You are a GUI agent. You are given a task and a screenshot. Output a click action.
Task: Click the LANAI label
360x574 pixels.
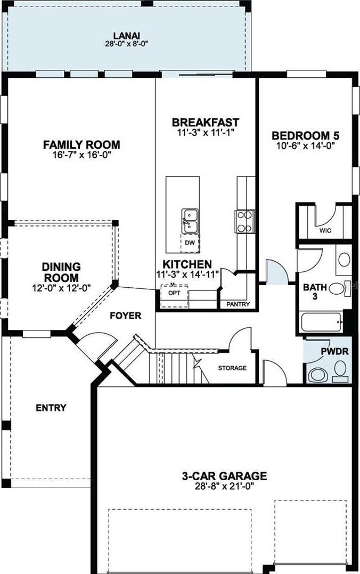[127, 36]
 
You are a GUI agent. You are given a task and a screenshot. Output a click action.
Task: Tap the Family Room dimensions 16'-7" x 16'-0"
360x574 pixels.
[81, 155]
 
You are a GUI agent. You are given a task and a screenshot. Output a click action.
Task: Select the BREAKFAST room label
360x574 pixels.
[206, 122]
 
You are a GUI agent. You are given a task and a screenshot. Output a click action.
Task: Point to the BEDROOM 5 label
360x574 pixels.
[306, 135]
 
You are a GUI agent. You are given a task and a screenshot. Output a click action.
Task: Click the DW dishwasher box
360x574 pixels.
[190, 243]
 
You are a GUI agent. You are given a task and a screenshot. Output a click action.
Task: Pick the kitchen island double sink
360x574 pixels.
[190, 221]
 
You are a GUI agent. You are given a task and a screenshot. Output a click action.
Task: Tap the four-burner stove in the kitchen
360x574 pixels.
[245, 222]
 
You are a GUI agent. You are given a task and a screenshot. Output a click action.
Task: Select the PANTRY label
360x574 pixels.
[238, 304]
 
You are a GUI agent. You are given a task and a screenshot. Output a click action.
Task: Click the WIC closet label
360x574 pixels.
[325, 231]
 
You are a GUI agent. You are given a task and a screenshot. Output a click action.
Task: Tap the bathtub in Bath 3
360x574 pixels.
[321, 322]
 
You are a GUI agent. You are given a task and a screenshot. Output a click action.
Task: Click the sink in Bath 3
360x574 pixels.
[344, 259]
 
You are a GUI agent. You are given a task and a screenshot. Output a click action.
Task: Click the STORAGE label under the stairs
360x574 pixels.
[232, 368]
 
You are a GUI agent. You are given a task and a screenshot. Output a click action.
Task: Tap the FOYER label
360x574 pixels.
[126, 316]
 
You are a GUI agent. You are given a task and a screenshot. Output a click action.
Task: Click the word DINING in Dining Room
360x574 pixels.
[61, 266]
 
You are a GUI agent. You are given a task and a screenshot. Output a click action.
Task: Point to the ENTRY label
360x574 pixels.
[51, 408]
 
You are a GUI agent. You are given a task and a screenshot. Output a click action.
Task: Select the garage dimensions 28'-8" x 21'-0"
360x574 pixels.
[224, 486]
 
